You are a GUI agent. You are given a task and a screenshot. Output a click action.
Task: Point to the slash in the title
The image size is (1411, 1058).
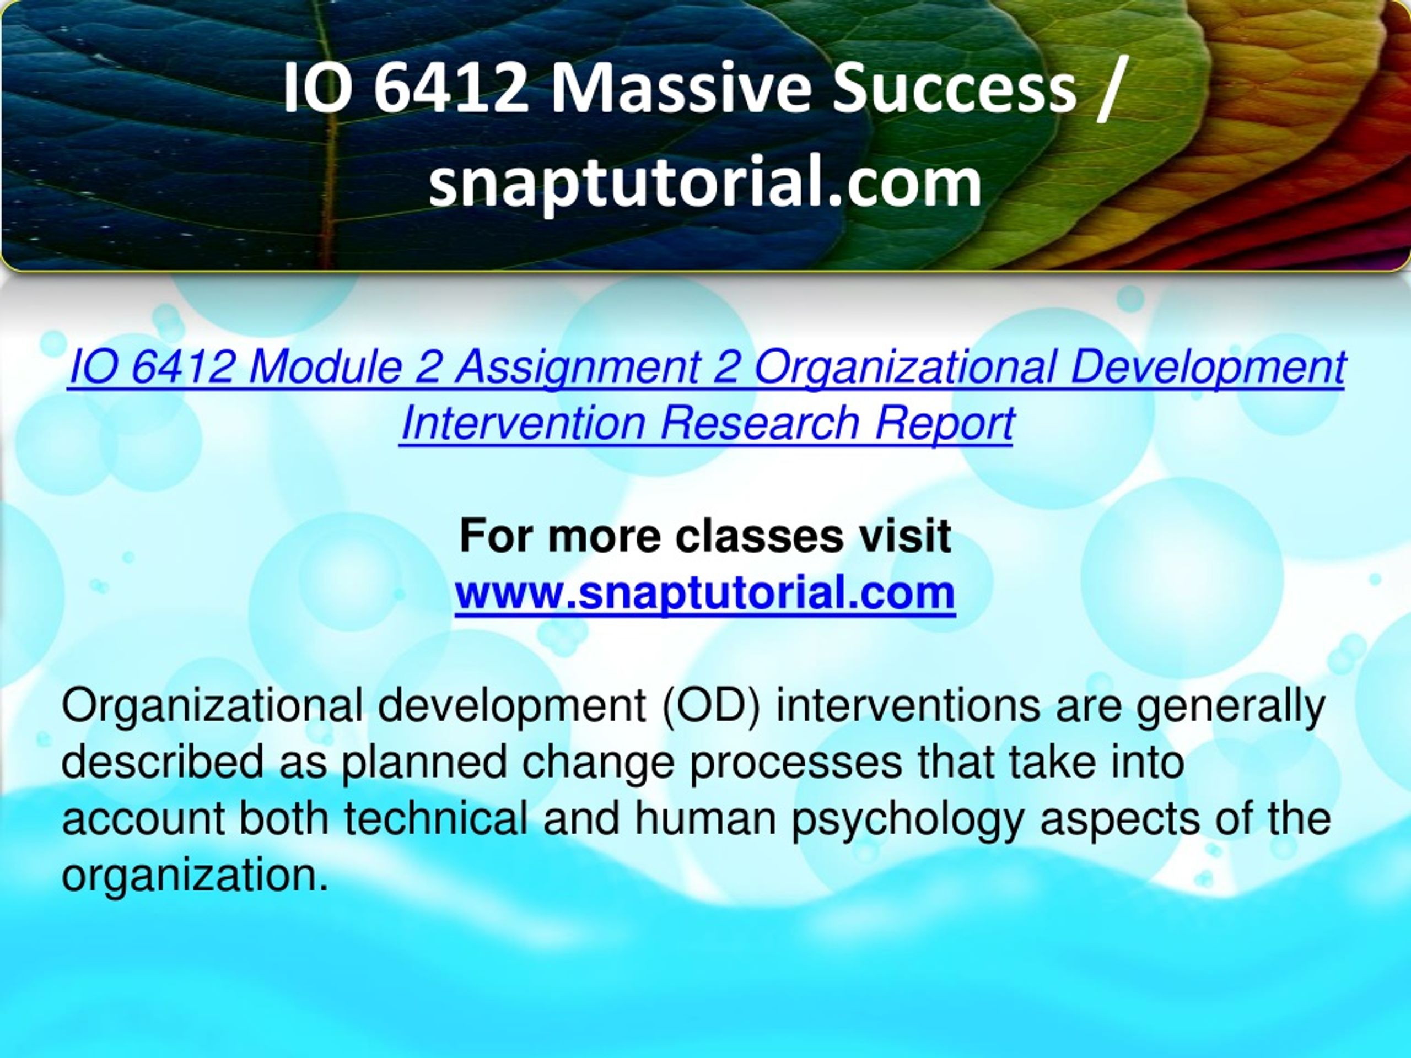click(1108, 89)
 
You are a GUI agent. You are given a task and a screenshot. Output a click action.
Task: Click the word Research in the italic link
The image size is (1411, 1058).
click(759, 423)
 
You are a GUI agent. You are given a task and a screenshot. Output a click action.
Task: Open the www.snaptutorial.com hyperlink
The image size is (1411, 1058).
click(705, 593)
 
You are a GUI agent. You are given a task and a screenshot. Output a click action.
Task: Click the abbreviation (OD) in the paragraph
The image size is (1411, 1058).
click(711, 707)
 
